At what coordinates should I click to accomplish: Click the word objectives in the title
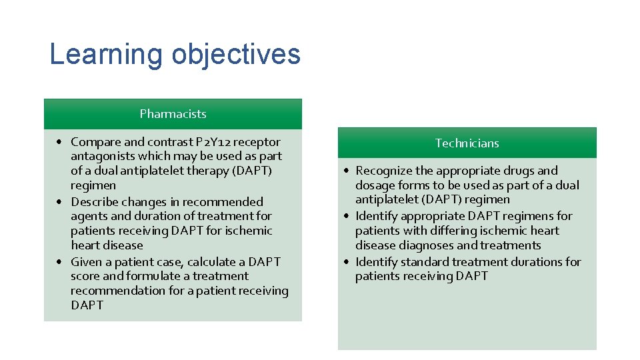[x=236, y=55]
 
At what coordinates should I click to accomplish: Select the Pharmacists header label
[x=173, y=114]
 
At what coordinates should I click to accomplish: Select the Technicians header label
[x=467, y=143]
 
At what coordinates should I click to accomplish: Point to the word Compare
[x=96, y=142]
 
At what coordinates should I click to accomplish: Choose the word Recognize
[x=384, y=171]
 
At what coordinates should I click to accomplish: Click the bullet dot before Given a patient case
[x=60, y=262]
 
